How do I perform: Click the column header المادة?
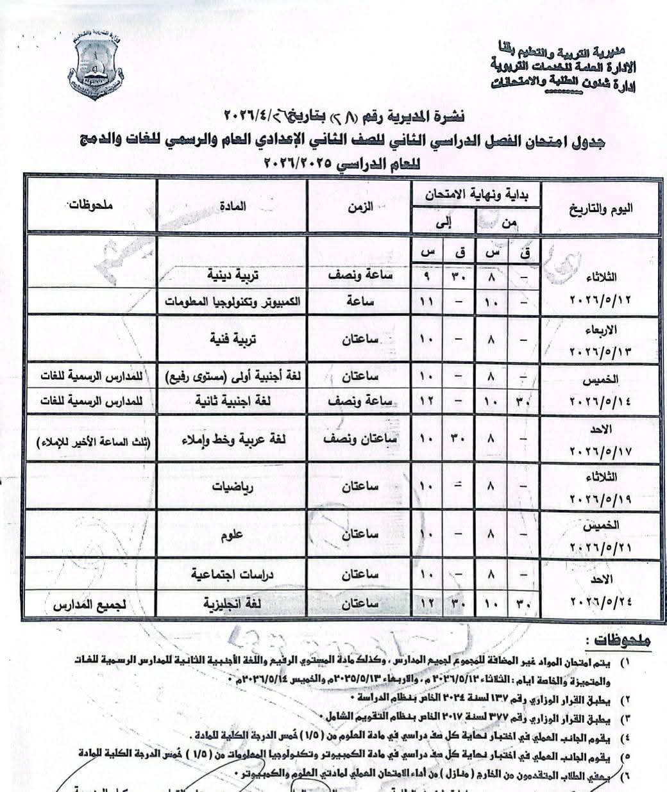coord(234,206)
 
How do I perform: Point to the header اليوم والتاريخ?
coord(600,209)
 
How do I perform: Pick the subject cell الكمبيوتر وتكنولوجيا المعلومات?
coord(232,301)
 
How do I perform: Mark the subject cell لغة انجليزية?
coord(232,604)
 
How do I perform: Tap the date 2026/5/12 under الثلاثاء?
coord(600,301)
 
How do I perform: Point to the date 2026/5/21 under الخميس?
coord(600,544)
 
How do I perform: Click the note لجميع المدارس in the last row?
coord(90,604)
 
